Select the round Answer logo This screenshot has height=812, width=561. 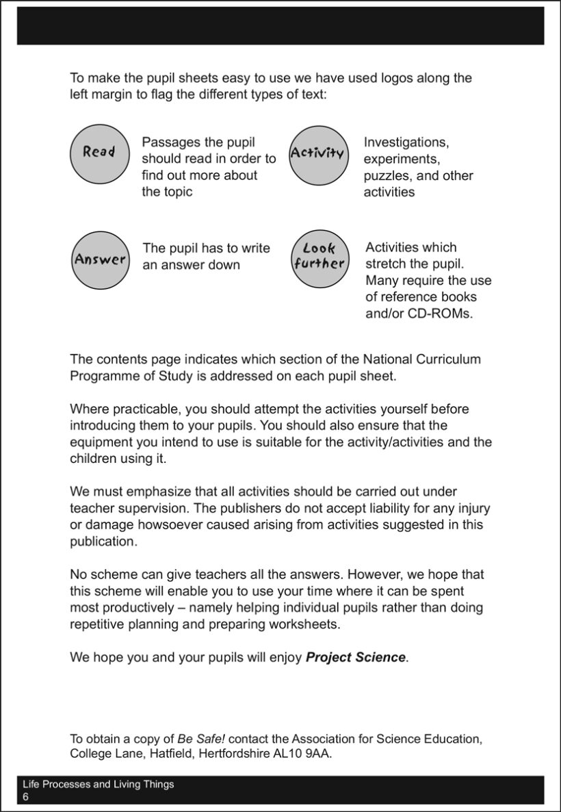tap(100, 259)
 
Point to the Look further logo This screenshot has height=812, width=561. tap(319, 258)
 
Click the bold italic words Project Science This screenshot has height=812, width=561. tap(356, 657)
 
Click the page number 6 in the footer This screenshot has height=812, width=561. tap(26, 798)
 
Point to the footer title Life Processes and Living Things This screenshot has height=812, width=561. tap(99, 785)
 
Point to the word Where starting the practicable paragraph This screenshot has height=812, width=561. tap(88, 409)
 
